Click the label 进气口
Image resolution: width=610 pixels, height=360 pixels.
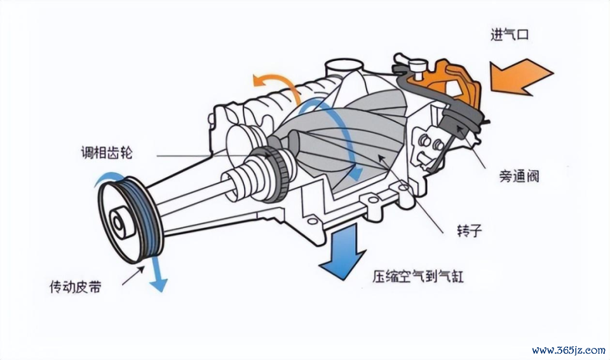509,36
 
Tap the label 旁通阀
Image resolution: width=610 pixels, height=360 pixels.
519,177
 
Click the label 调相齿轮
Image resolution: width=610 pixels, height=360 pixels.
107,152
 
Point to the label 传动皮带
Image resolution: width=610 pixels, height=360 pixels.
75,287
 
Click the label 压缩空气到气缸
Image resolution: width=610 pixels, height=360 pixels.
418,276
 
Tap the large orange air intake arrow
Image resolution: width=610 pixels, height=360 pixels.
522,77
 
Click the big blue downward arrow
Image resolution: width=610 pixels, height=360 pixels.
342,251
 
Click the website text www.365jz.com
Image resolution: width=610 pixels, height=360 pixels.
568,350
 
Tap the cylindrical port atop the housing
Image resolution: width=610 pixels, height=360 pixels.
344,68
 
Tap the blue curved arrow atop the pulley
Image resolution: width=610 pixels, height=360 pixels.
107,178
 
